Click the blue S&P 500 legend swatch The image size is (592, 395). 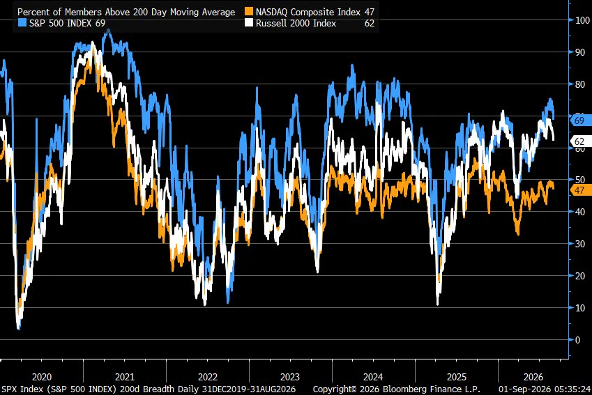(22, 23)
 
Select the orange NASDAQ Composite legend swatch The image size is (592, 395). (249, 12)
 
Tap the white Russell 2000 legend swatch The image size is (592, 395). (249, 23)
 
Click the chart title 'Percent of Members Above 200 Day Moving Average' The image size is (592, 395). (126, 12)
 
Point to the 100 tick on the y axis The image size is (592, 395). (582, 20)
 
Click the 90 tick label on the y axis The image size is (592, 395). (579, 52)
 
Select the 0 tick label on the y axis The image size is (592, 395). (577, 340)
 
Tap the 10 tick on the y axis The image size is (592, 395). (579, 308)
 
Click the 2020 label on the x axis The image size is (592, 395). (42, 377)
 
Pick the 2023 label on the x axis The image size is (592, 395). (290, 377)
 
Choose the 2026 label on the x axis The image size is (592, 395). (533, 377)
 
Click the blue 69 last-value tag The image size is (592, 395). (579, 121)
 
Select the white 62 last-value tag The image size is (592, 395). (579, 141)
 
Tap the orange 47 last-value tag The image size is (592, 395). (579, 190)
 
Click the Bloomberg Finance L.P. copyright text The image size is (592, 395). (397, 389)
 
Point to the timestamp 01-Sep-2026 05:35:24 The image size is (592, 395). (545, 389)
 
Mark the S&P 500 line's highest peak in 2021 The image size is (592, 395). (108, 30)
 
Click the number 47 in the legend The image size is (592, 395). (370, 12)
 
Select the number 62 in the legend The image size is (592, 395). (370, 24)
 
